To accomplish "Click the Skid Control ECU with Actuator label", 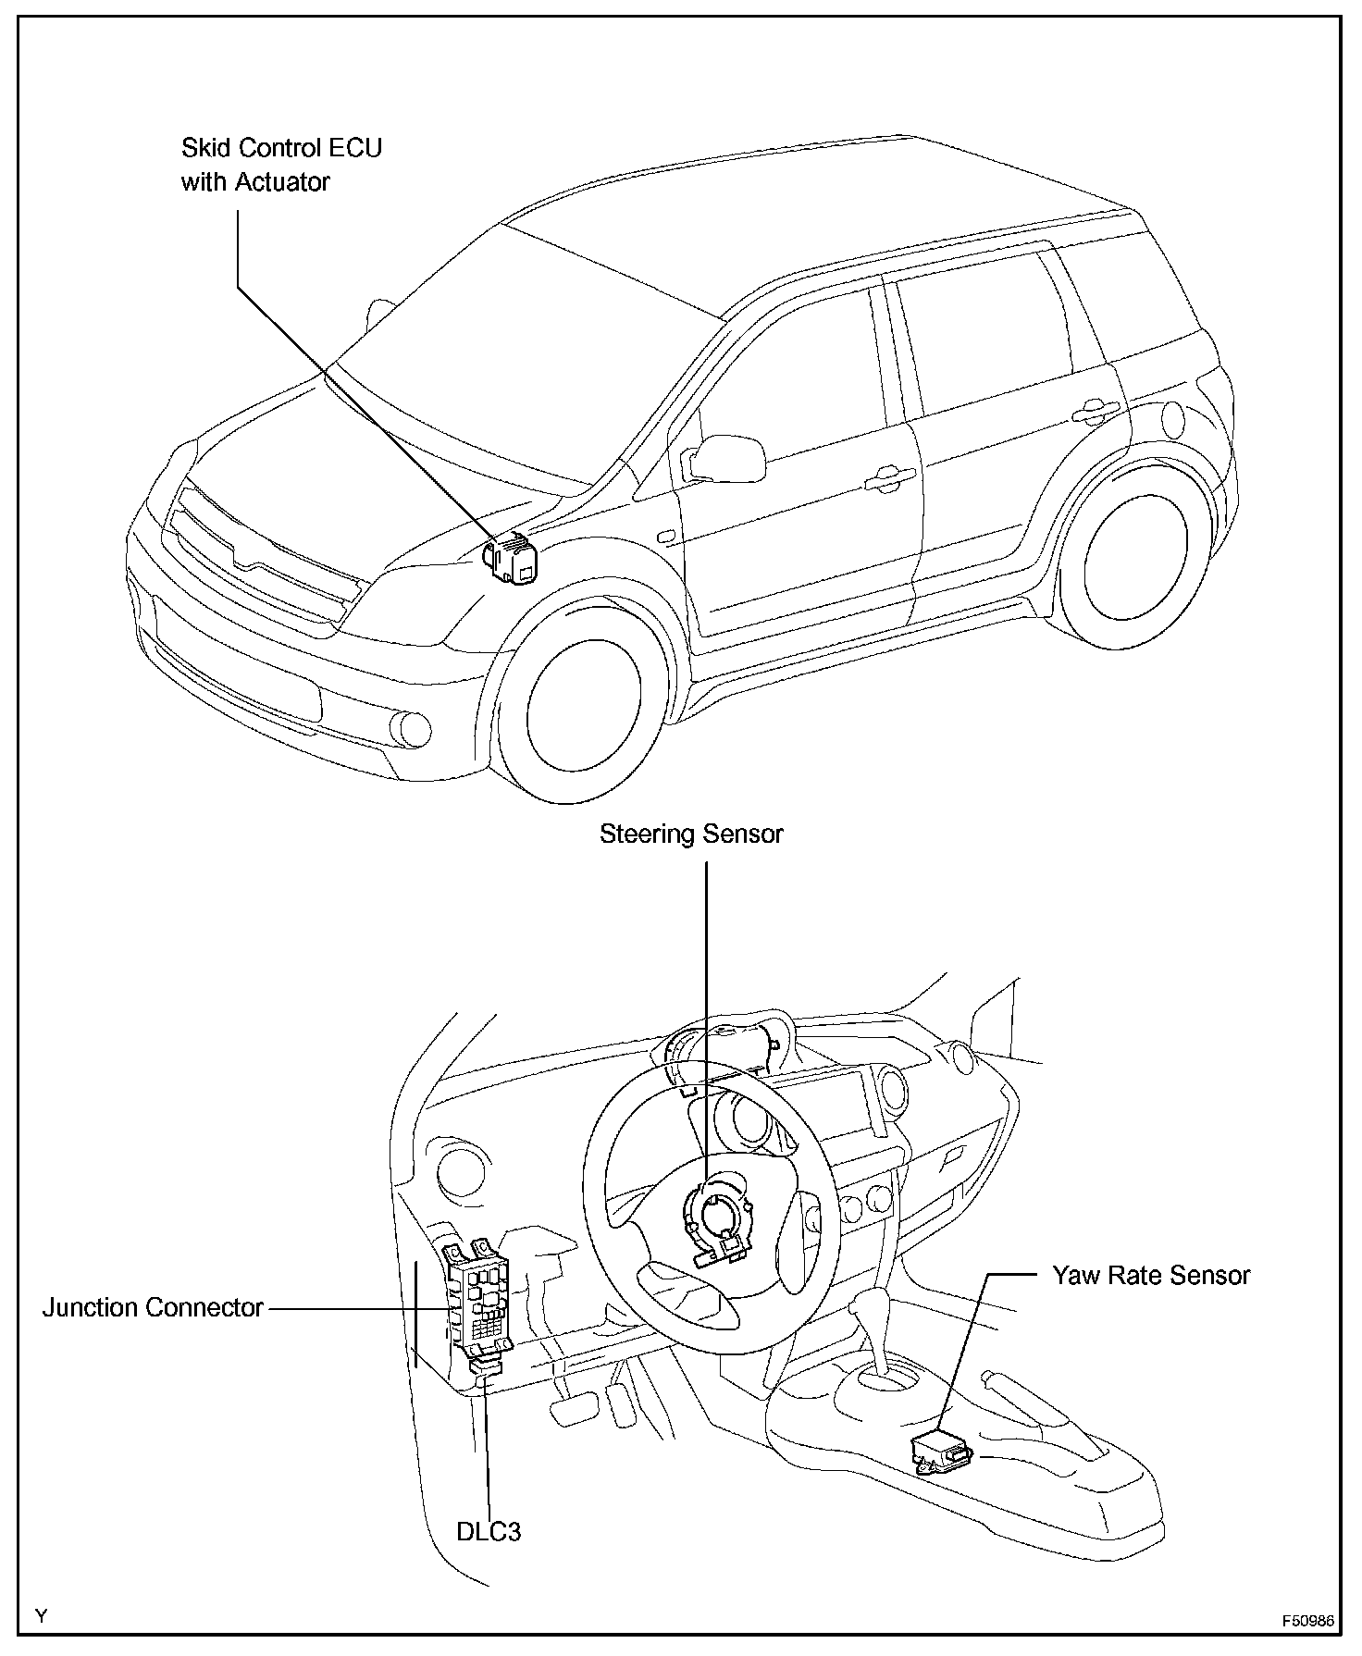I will pyautogui.click(x=280, y=165).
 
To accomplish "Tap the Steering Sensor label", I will pyautogui.click(x=691, y=834).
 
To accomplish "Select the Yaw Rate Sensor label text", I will pyautogui.click(x=1150, y=1276).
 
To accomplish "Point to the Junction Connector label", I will pyautogui.click(x=153, y=1308).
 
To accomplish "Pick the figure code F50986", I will pyautogui.click(x=1307, y=1622).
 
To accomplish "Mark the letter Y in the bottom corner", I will pyautogui.click(x=41, y=1616).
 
